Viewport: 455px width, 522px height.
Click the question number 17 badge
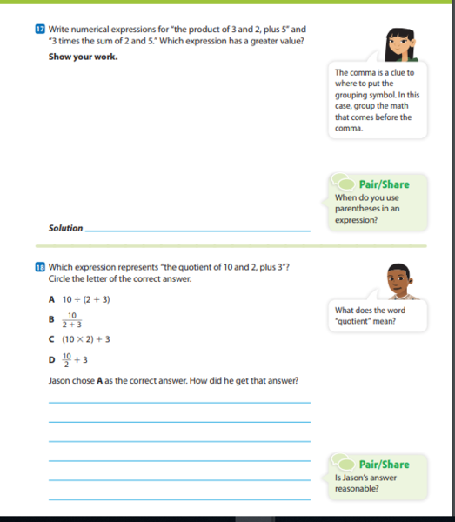click(x=28, y=30)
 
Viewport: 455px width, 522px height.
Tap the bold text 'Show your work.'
click(x=83, y=57)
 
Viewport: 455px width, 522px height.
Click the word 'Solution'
click(x=65, y=229)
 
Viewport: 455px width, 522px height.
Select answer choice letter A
click(x=52, y=299)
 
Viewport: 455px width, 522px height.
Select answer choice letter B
click(x=52, y=319)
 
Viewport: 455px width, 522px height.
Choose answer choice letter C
click(x=52, y=339)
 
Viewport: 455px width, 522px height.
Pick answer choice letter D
click(x=52, y=358)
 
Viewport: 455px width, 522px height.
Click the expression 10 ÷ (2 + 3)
click(x=86, y=299)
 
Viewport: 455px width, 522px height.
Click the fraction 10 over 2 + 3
click(x=72, y=319)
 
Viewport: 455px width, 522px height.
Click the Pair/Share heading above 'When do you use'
click(x=384, y=184)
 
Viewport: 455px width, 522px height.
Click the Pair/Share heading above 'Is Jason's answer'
click(x=384, y=465)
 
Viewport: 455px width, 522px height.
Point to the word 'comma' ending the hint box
click(x=347, y=129)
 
